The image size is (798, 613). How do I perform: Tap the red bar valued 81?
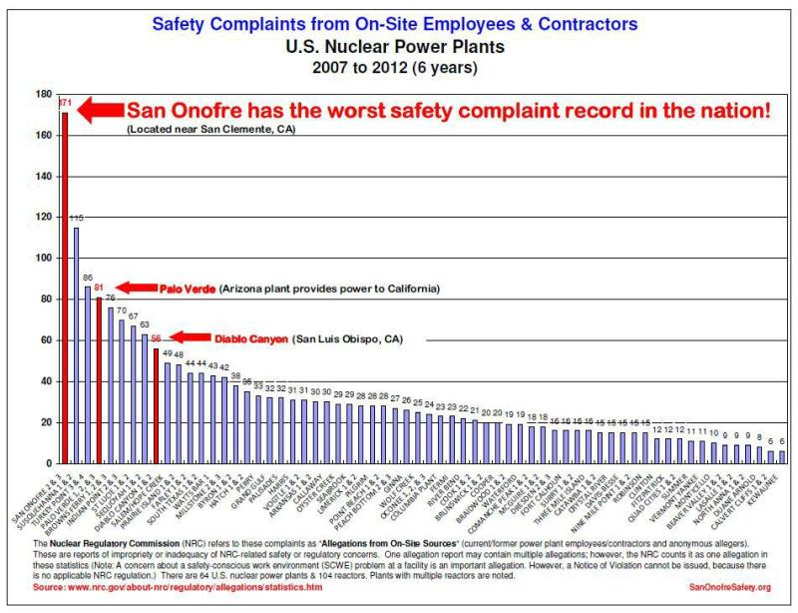(99, 379)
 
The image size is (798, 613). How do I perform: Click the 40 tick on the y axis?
(45, 381)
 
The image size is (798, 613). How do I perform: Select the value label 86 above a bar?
(88, 278)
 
